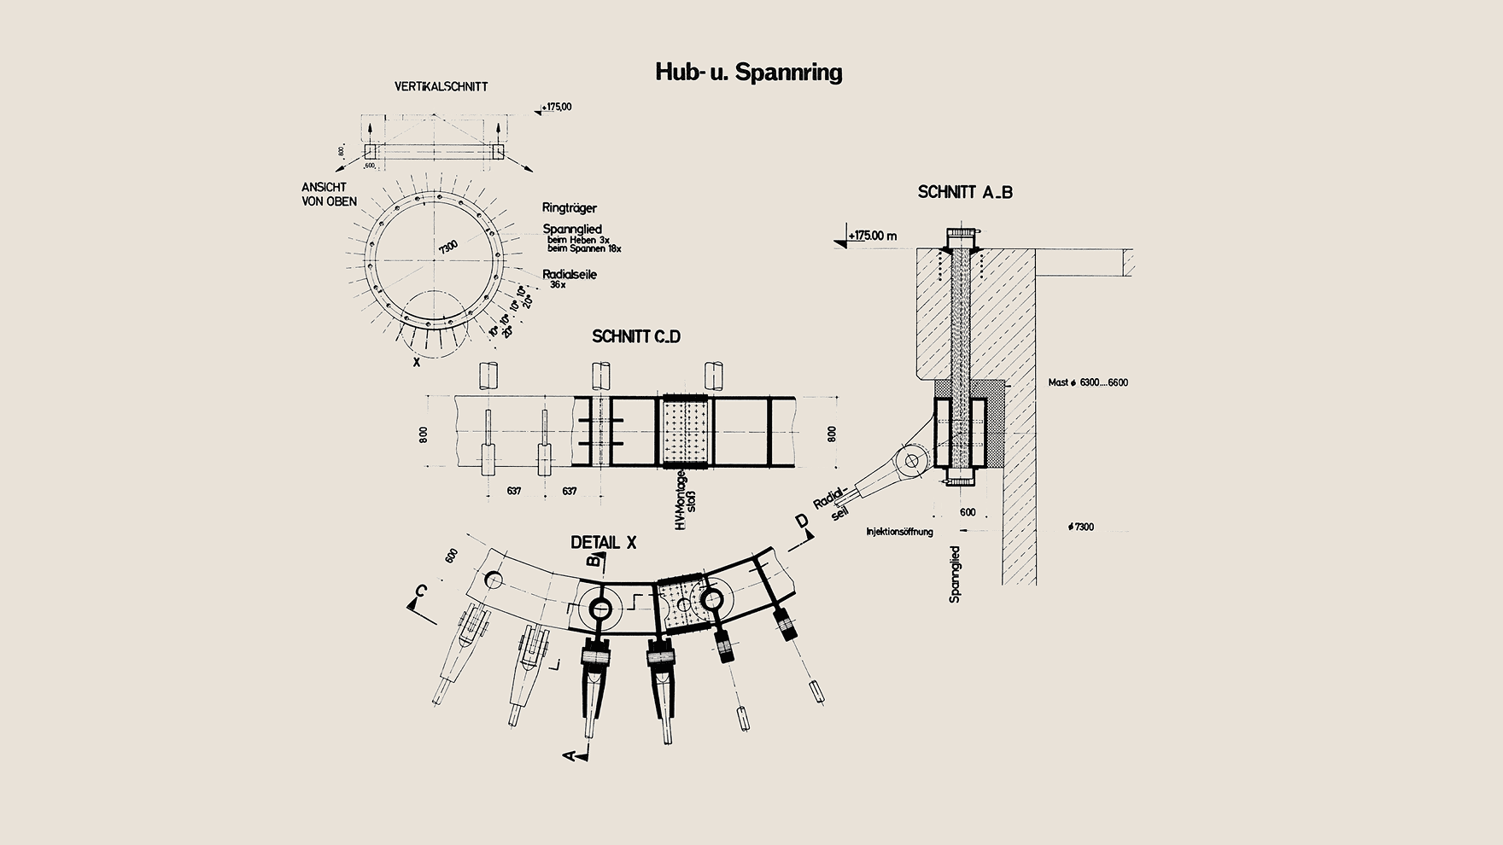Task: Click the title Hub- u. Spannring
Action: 748,72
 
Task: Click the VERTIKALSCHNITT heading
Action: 441,86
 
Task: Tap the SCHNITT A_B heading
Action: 965,192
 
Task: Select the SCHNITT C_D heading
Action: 636,336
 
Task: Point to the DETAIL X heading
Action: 604,543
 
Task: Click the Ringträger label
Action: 570,207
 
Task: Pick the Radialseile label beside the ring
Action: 570,274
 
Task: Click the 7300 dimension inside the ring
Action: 448,248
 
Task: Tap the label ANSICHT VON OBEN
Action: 329,195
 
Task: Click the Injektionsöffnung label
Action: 899,532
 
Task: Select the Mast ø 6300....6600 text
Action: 1088,382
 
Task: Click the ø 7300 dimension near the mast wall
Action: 1080,527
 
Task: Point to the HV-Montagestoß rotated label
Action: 686,500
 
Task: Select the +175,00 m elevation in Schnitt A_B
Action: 871,235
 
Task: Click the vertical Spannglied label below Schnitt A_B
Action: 955,575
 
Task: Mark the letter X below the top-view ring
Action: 417,362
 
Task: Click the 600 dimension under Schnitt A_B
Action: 968,512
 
